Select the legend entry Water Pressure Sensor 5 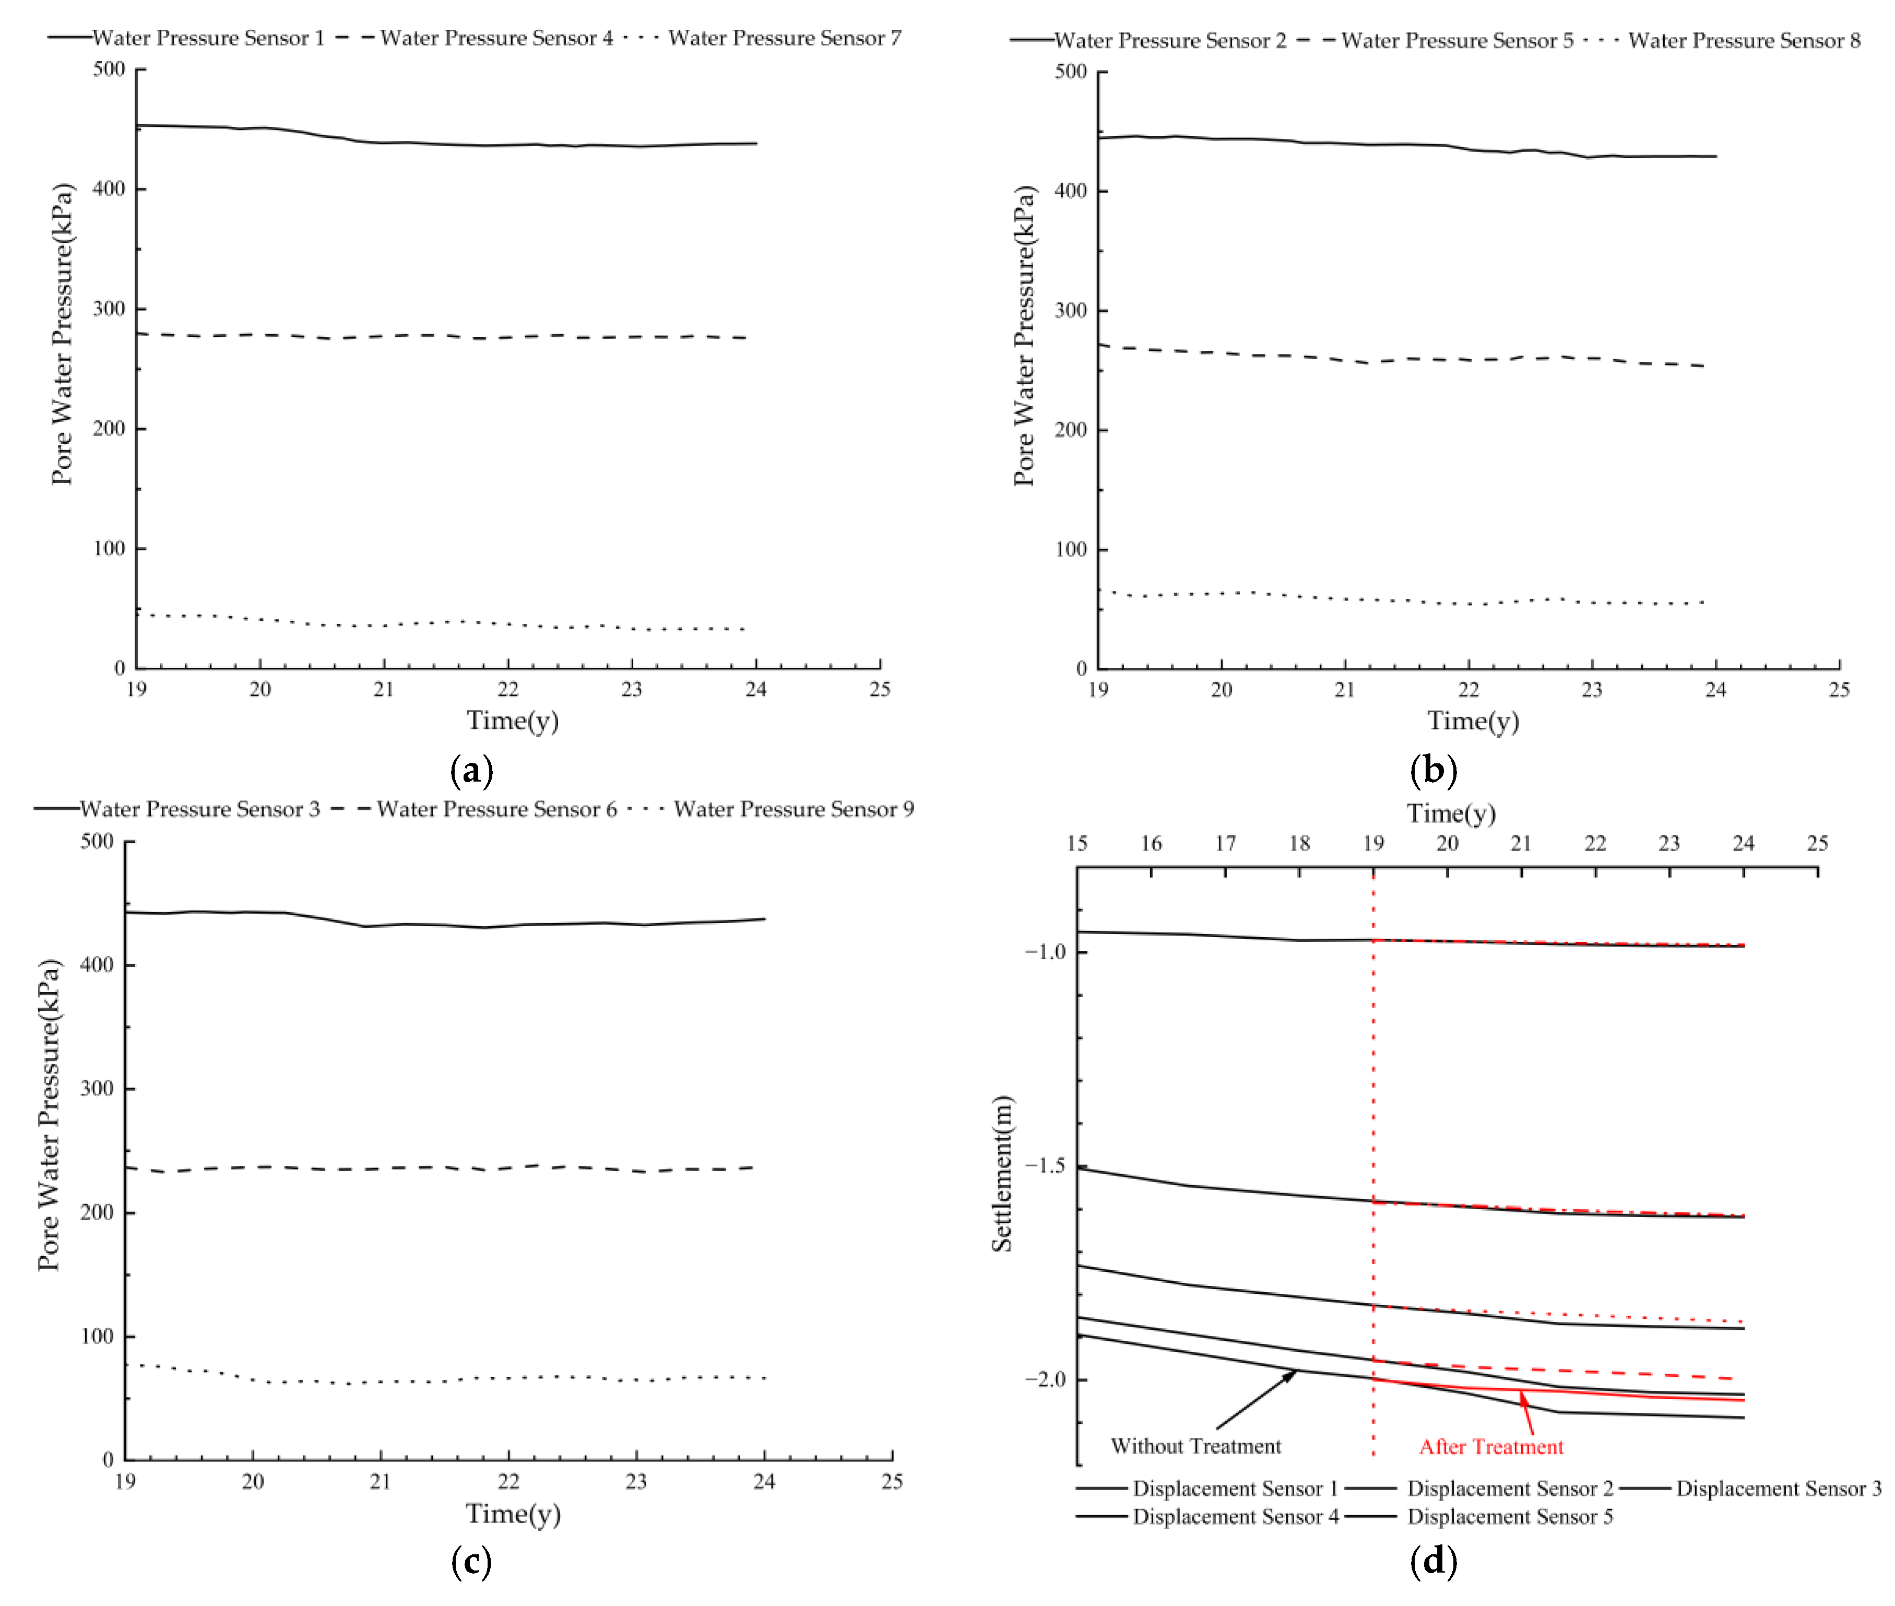(x=1456, y=41)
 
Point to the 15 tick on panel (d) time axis (x=1077, y=843)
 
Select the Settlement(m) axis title (x=1002, y=1174)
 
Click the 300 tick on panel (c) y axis (x=97, y=1089)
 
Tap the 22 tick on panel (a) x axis (x=508, y=689)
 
